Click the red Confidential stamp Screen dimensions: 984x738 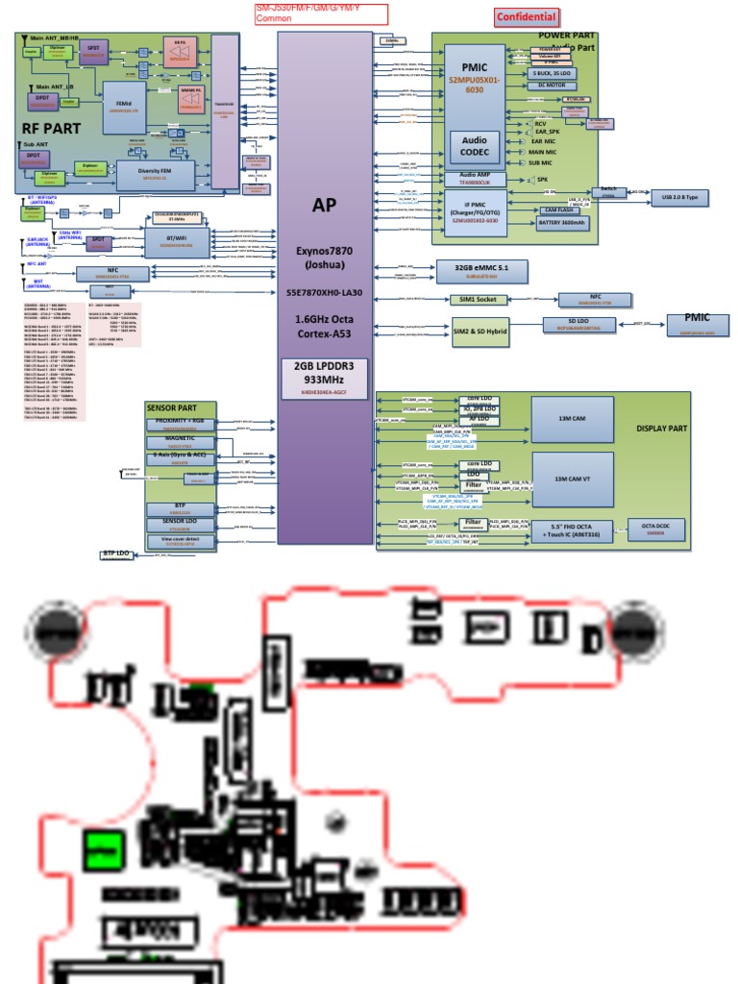pos(526,16)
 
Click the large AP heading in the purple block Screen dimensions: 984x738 pos(324,205)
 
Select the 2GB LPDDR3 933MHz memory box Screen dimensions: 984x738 pos(324,379)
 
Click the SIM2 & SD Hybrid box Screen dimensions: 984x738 pos(480,332)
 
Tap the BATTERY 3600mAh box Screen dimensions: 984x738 pos(563,223)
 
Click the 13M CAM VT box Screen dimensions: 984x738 pos(572,479)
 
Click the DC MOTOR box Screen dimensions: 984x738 pos(553,86)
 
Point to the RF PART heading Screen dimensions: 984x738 pos(52,128)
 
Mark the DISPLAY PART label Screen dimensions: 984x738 pos(662,429)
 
